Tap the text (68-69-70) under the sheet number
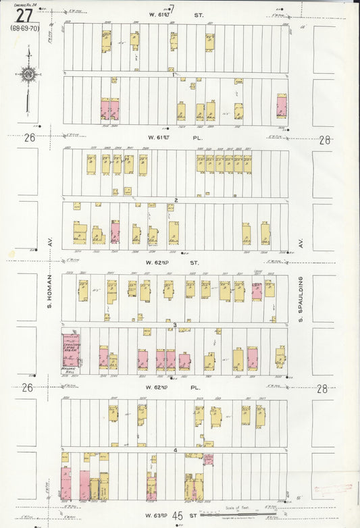[24, 29]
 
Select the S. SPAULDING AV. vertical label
[302, 296]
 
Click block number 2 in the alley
[176, 201]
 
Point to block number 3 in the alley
[175, 326]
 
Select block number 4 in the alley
[175, 450]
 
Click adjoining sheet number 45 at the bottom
[178, 517]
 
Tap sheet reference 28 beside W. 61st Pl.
[324, 140]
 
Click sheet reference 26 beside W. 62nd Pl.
[28, 388]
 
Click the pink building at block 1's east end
[281, 107]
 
